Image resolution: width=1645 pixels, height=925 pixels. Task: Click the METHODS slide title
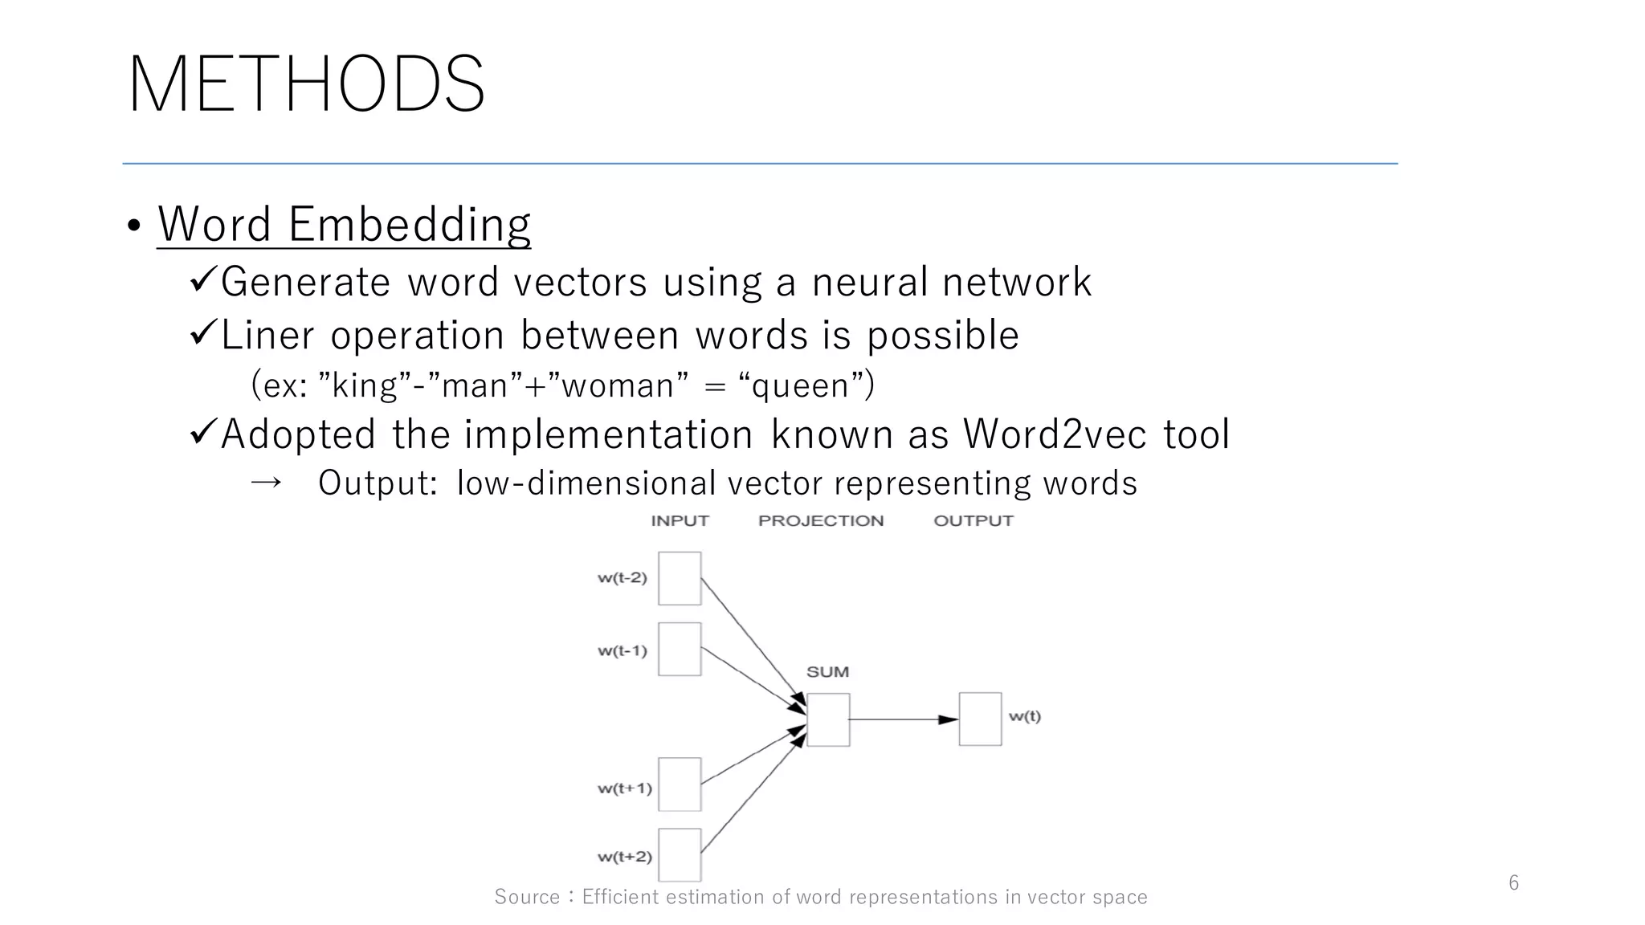306,84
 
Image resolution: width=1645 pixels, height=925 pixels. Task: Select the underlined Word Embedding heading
344,224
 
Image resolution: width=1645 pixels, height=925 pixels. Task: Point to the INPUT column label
680,521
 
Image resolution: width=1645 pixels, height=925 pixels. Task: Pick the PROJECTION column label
820,521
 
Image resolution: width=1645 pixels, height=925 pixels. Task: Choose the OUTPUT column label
973,521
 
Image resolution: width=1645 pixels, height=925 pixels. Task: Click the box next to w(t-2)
680,578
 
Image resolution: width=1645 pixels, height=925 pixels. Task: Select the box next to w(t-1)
680,649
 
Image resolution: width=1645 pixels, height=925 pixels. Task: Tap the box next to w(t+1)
680,784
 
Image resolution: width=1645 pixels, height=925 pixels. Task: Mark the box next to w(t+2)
680,854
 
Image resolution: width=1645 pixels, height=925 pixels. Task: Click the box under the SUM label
828,719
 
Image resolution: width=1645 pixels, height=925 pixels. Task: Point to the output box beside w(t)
980,719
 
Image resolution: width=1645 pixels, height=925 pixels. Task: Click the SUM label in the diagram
827,672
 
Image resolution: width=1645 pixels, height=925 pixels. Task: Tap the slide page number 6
1513,883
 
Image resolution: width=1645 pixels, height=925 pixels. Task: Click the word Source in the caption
527,897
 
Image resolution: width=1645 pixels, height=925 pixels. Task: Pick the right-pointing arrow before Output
266,483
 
